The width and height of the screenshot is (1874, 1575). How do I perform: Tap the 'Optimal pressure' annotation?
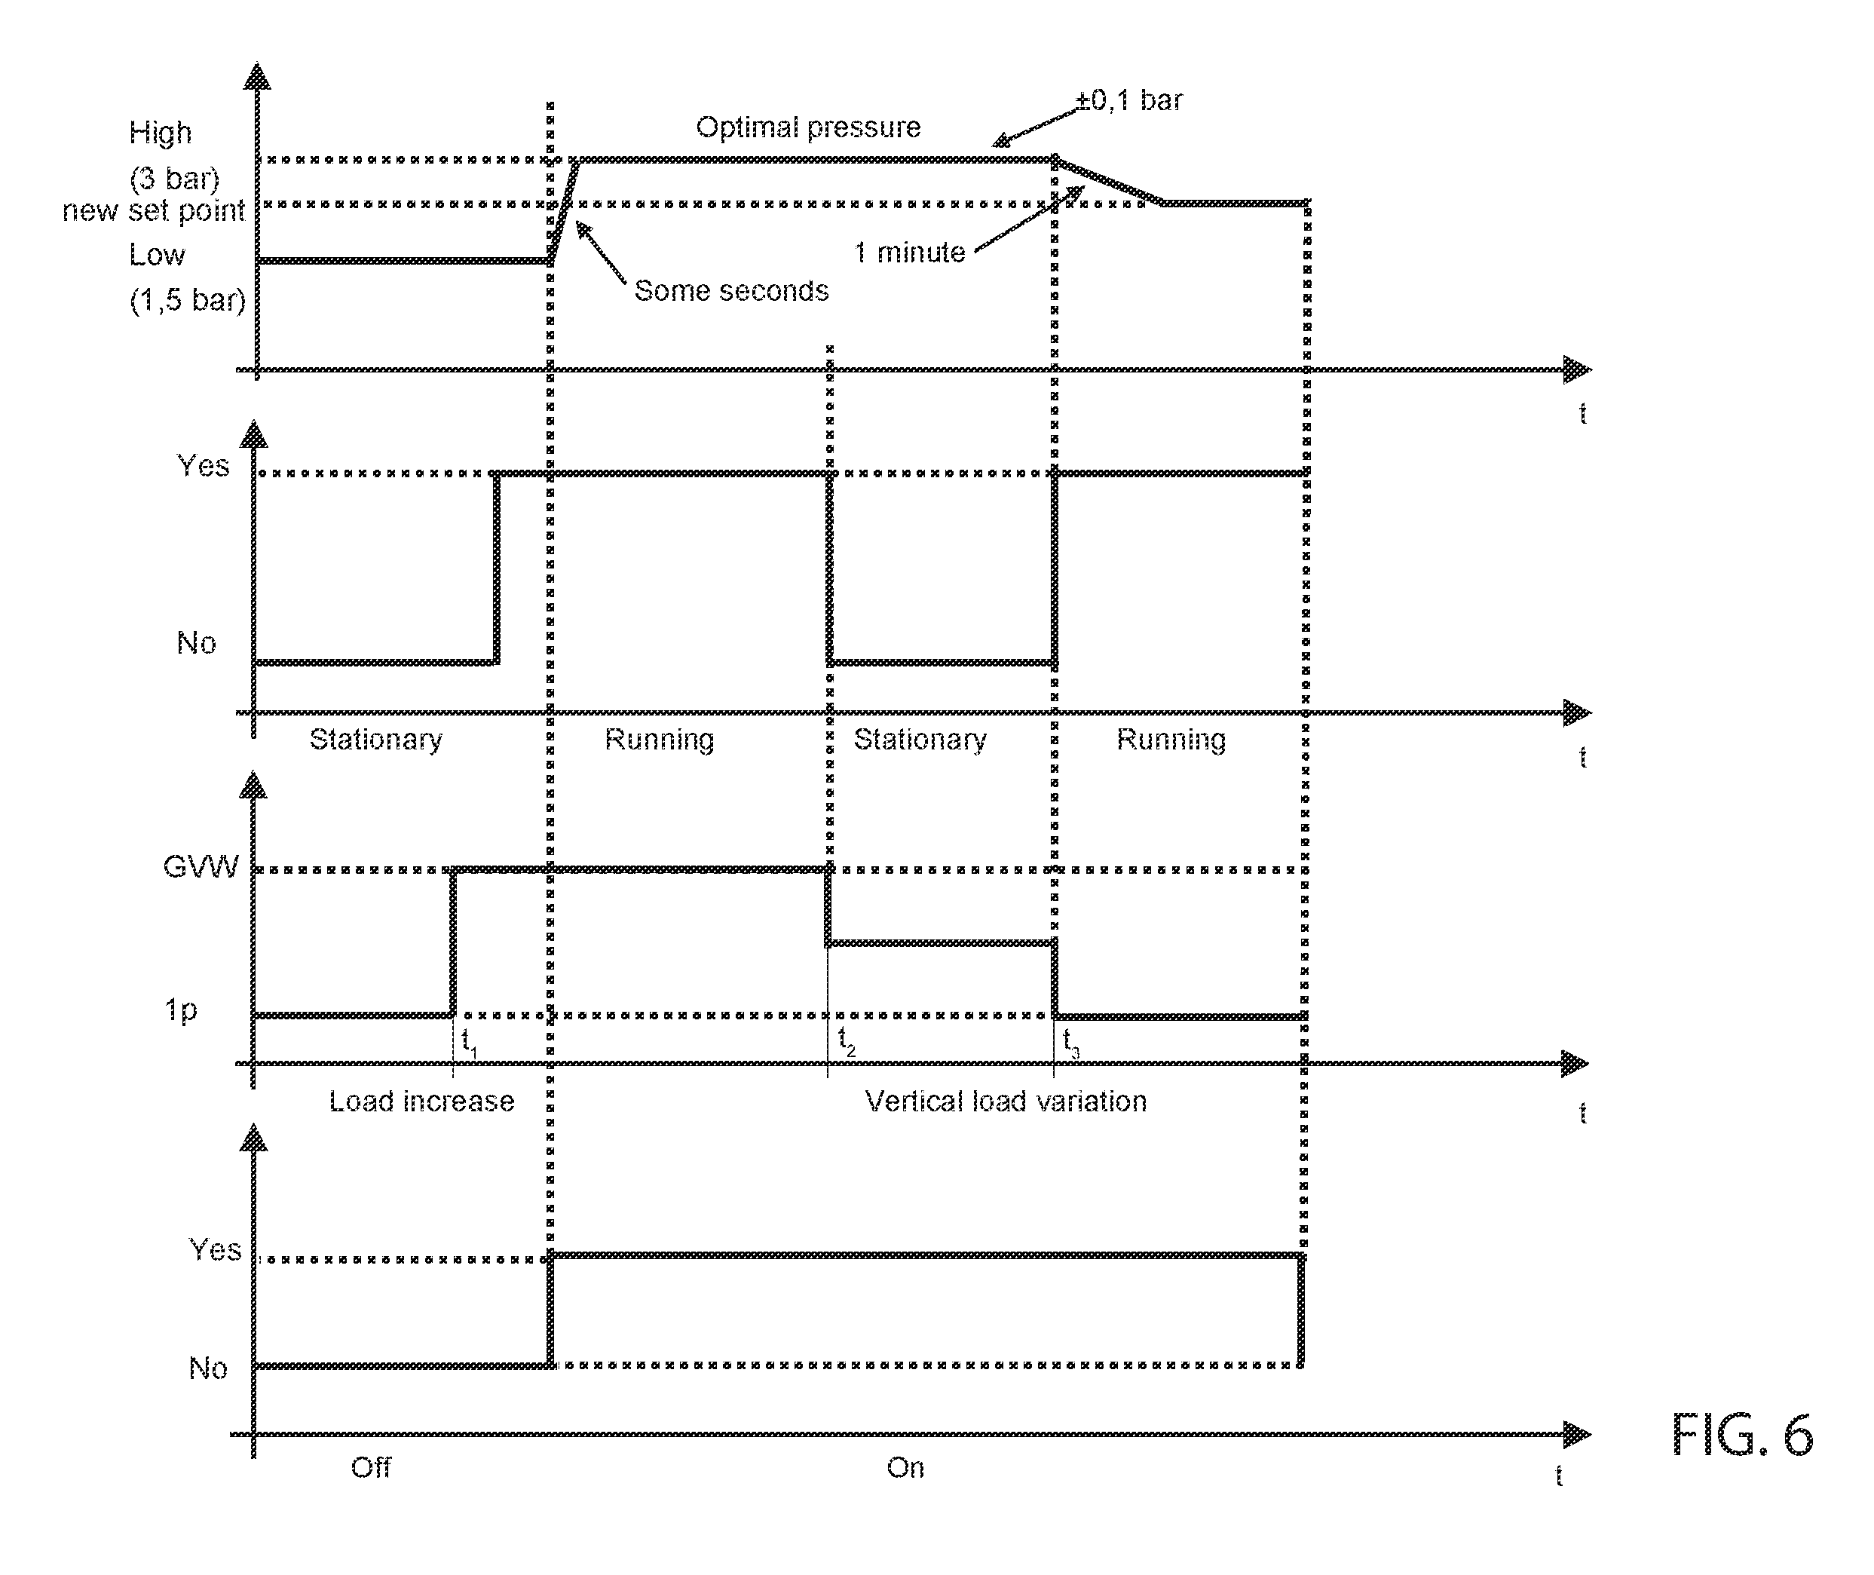point(808,127)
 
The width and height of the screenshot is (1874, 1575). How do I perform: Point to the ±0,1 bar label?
point(1129,100)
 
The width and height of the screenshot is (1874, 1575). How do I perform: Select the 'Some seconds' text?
point(731,291)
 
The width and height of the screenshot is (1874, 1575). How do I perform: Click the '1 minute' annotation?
point(910,253)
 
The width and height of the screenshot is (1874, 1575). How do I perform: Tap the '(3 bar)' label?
point(175,179)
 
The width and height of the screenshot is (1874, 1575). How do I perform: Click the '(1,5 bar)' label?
point(188,300)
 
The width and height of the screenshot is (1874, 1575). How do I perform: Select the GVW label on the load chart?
point(201,867)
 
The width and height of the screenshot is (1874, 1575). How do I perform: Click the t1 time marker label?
point(469,1043)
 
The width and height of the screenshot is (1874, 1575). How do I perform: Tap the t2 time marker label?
point(847,1041)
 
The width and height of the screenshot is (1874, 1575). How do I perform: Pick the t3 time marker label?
point(1071,1042)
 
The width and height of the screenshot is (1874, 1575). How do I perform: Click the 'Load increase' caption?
point(421,1101)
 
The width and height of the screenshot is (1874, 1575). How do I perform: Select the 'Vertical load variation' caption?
point(1006,1101)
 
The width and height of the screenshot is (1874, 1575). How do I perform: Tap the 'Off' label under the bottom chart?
point(371,1468)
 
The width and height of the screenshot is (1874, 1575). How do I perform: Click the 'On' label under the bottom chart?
point(905,1468)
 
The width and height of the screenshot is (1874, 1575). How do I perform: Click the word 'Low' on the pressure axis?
point(157,256)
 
